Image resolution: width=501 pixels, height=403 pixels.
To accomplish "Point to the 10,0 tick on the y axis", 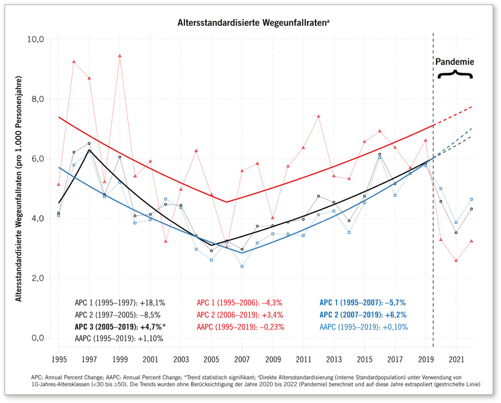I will (36, 39).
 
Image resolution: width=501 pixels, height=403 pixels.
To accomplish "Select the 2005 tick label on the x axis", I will (211, 359).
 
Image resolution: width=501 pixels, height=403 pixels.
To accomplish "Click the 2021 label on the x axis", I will (456, 359).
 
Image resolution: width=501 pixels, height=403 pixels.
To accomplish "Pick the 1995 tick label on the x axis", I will (59, 359).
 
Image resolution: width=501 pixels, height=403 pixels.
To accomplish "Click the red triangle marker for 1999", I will (120, 56).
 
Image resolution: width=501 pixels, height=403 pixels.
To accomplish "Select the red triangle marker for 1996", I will (74, 61).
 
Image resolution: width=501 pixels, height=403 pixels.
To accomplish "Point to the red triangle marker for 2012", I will (318, 117).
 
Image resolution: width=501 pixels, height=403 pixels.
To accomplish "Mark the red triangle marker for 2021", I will (456, 260).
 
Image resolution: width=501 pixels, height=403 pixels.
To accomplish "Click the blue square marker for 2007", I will (242, 266).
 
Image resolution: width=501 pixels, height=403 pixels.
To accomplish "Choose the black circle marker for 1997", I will (89, 144).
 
